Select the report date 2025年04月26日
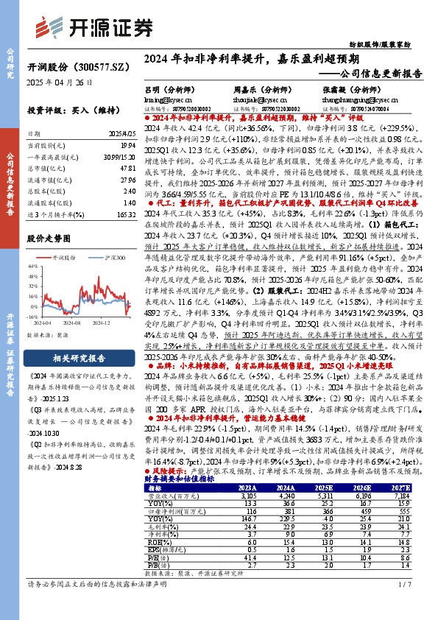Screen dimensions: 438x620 (60, 82)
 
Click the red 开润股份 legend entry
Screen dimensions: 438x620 (64, 258)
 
